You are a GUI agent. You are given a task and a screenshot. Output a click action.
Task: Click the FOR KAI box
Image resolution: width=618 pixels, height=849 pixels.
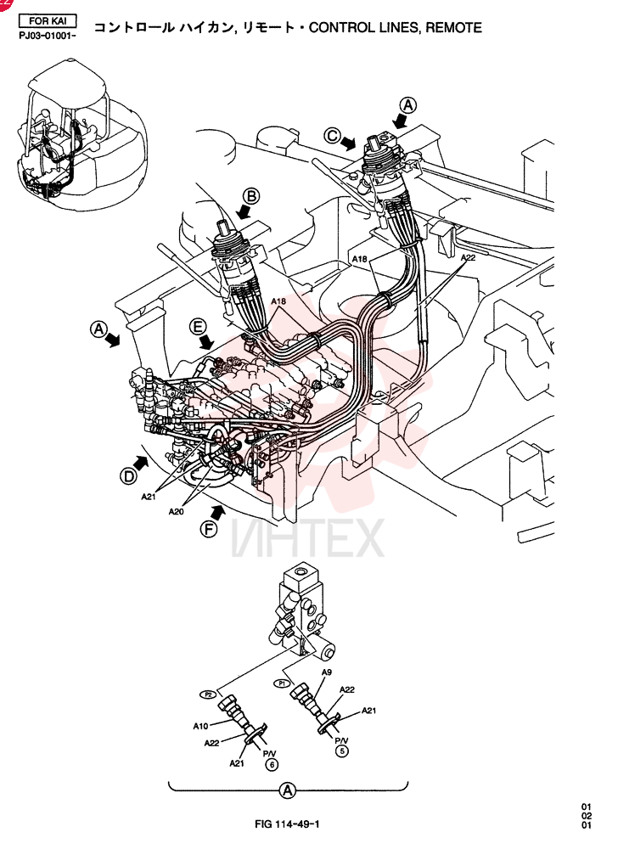coord(48,21)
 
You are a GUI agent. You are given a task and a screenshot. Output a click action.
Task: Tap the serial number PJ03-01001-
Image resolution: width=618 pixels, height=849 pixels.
coord(47,36)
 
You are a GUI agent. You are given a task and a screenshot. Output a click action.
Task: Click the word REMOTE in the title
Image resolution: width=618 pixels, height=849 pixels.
coord(453,27)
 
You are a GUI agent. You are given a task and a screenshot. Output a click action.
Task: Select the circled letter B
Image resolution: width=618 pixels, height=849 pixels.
coord(251,196)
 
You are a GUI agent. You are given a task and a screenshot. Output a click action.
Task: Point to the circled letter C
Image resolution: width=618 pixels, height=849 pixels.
coord(332,135)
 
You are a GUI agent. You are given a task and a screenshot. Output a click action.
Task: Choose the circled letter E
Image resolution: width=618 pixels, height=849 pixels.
coord(198,327)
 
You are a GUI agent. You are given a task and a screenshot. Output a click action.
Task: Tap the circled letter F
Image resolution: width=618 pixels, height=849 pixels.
coord(208,528)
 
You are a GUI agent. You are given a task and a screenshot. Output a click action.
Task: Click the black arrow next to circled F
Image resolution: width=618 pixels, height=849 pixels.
coord(217,511)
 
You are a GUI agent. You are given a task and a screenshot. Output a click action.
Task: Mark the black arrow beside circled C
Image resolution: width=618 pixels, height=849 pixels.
coord(349,143)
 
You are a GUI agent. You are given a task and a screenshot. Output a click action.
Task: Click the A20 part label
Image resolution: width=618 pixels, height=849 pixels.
coord(177,511)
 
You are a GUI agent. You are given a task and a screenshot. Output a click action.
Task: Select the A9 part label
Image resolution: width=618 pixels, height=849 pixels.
coord(326,672)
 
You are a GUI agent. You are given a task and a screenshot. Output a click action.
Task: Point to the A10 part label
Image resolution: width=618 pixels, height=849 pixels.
coord(200,726)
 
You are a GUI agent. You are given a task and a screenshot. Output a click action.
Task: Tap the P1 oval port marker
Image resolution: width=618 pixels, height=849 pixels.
coord(282,683)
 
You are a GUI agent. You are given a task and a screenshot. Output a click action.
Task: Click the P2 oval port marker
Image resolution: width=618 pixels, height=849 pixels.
coord(208,694)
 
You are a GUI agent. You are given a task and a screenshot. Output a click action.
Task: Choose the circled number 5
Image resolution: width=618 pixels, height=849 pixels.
coord(341,751)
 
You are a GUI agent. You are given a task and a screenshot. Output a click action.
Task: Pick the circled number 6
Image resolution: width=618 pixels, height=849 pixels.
coord(272,765)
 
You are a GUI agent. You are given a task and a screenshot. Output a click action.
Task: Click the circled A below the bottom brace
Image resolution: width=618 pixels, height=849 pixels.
coord(288,790)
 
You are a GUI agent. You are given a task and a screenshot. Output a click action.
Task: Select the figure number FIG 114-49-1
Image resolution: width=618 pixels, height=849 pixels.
coord(287,824)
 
